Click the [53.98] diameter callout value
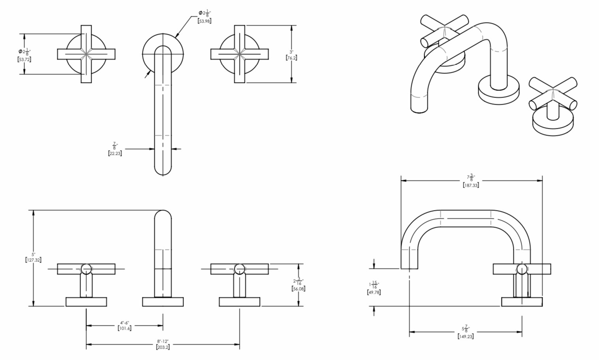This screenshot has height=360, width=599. [x=204, y=21]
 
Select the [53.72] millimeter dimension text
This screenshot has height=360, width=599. [x=24, y=59]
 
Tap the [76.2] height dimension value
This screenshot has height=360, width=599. [x=291, y=58]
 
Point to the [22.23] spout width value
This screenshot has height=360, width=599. [x=115, y=153]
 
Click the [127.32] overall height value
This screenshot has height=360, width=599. [x=34, y=260]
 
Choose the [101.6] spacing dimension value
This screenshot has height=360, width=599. [x=125, y=328]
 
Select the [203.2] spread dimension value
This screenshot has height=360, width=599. [x=163, y=347]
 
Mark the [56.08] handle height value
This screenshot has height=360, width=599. [x=298, y=289]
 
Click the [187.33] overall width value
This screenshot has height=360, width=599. [x=471, y=185]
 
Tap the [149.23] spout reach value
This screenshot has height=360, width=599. [x=466, y=336]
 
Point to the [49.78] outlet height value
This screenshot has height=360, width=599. [x=374, y=292]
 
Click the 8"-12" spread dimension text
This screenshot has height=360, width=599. [x=163, y=341]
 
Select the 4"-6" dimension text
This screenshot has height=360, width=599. [x=125, y=322]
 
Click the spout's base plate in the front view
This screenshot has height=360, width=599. [x=163, y=302]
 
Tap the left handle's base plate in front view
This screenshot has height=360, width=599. [x=86, y=302]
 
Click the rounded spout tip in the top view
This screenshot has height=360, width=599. [x=163, y=171]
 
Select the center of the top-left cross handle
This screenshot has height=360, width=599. [x=86, y=54]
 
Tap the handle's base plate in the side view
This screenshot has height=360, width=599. [x=522, y=302]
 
